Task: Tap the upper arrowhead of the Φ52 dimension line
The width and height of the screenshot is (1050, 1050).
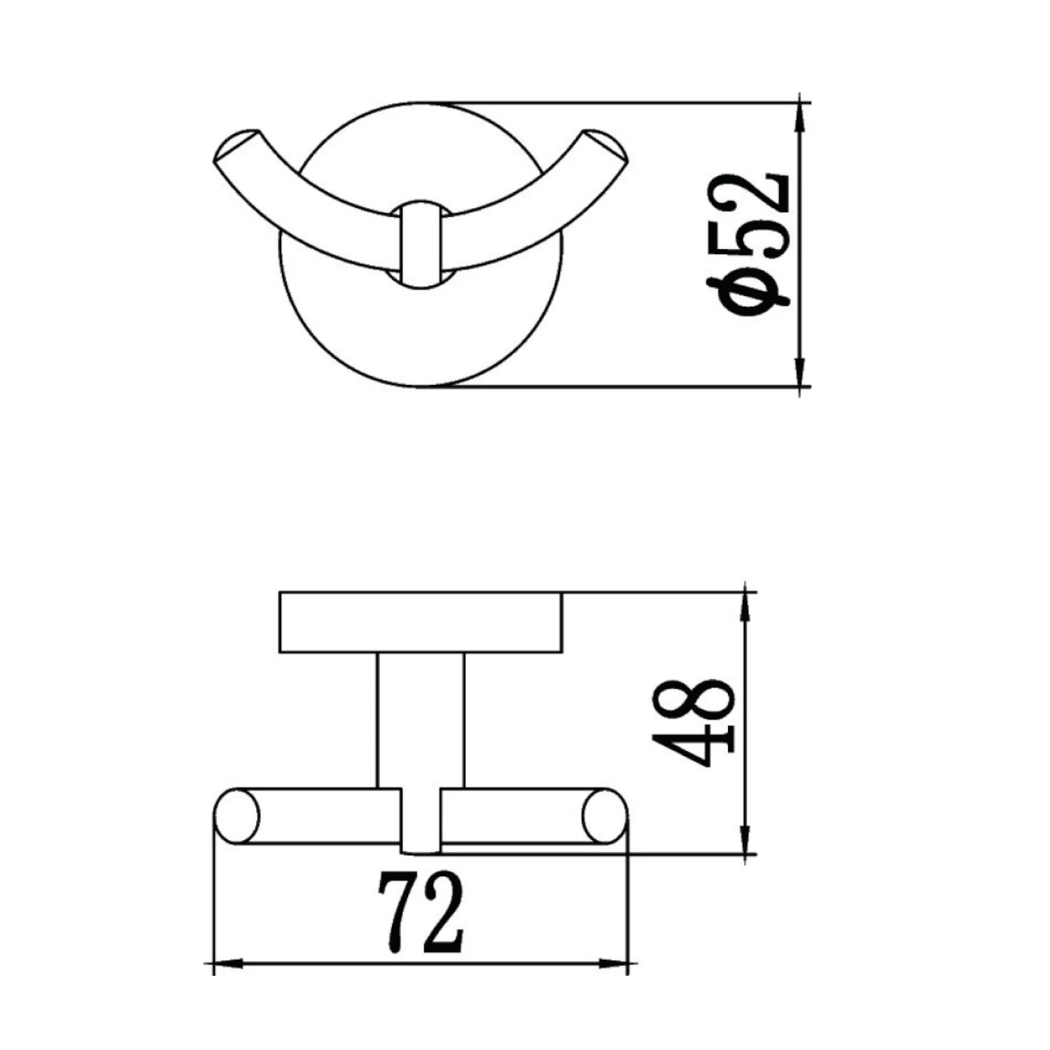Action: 799,115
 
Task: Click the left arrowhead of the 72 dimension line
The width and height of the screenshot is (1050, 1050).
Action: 227,964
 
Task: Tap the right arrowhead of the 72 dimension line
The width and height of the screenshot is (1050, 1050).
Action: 613,964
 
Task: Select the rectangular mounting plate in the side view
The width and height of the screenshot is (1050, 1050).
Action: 420,622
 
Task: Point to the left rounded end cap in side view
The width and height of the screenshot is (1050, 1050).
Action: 237,816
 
